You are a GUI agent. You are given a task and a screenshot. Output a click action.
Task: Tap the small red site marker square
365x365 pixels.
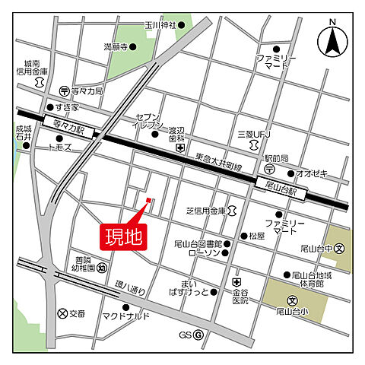149,201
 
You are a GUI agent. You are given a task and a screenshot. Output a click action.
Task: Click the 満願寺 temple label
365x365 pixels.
116,47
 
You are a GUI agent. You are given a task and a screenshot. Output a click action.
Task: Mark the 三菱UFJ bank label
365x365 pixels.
253,135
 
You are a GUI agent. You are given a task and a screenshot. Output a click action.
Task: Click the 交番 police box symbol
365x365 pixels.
63,313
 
